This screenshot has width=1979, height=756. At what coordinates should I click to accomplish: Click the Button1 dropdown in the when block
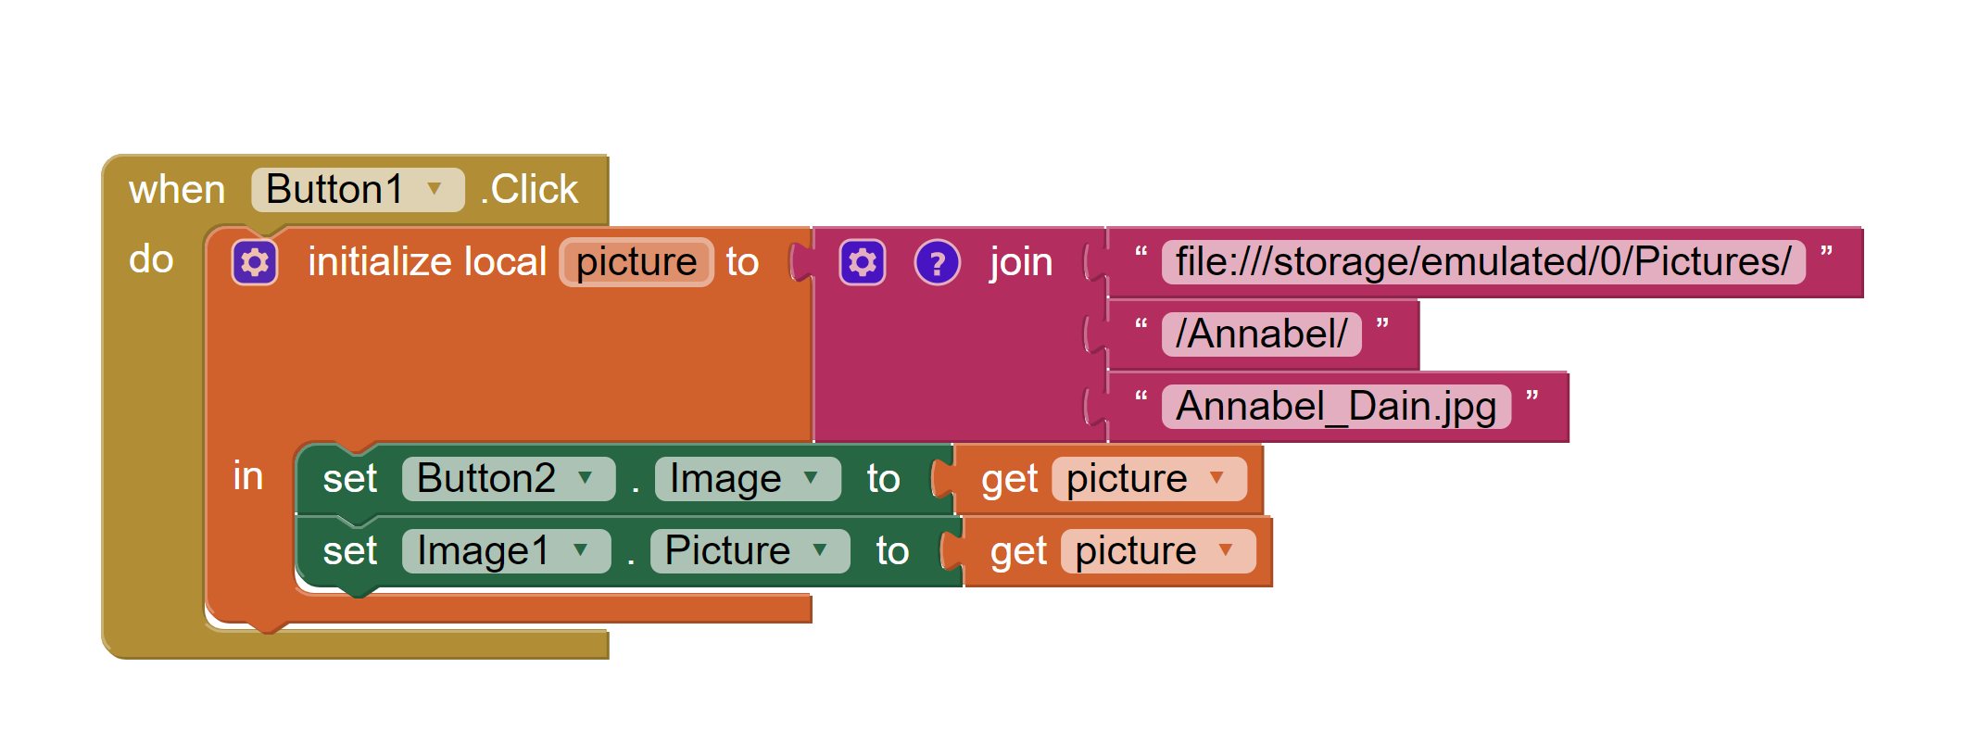pos(357,190)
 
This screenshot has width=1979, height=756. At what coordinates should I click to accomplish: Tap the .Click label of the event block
pos(530,190)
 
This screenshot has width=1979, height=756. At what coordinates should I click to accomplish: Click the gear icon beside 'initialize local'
pos(255,262)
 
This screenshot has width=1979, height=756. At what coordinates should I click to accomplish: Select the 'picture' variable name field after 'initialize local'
pos(637,262)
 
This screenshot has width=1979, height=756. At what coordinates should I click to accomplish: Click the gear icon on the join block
pos(863,262)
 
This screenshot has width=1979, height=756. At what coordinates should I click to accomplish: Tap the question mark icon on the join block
pos(937,262)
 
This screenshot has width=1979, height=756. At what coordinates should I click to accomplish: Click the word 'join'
pos(1021,262)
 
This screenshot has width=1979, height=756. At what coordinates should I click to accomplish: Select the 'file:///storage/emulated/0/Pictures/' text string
pos(1482,262)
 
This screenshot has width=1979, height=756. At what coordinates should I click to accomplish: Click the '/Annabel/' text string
pos(1261,334)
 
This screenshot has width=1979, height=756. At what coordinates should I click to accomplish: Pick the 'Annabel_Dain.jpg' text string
pos(1335,407)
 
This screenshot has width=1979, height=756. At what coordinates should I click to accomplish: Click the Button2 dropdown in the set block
pos(508,479)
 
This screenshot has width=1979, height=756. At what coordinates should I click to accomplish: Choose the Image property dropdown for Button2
pos(747,479)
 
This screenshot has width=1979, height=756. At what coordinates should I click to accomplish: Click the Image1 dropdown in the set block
pos(505,551)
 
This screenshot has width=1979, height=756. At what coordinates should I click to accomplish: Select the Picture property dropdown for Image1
pos(749,551)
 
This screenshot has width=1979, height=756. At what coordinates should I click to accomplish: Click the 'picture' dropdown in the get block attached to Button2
pos(1148,479)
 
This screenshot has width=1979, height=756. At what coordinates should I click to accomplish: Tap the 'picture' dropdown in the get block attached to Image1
pos(1157,551)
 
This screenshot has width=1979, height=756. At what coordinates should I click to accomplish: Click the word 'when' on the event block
pos(177,190)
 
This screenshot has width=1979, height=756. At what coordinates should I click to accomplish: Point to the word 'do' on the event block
pos(151,259)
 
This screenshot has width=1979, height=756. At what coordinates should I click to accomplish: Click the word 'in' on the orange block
pos(247,476)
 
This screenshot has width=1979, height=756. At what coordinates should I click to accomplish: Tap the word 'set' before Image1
pos(349,551)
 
